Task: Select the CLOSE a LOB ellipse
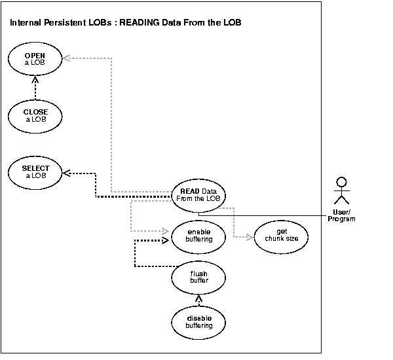(x=36, y=116)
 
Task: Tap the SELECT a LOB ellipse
(x=36, y=172)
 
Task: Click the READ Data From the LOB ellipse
(x=199, y=194)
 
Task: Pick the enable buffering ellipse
(x=199, y=236)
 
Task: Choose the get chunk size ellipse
(x=282, y=236)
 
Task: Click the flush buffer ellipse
(x=199, y=278)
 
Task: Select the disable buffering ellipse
(x=199, y=321)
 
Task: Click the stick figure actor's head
(x=339, y=181)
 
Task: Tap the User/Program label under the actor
(x=341, y=216)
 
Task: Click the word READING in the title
(x=141, y=24)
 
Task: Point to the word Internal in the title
(x=26, y=24)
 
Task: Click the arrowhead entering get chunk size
(x=250, y=236)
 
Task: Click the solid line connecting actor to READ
(x=275, y=213)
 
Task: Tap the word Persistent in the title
(x=67, y=24)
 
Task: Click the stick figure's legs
(x=339, y=200)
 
